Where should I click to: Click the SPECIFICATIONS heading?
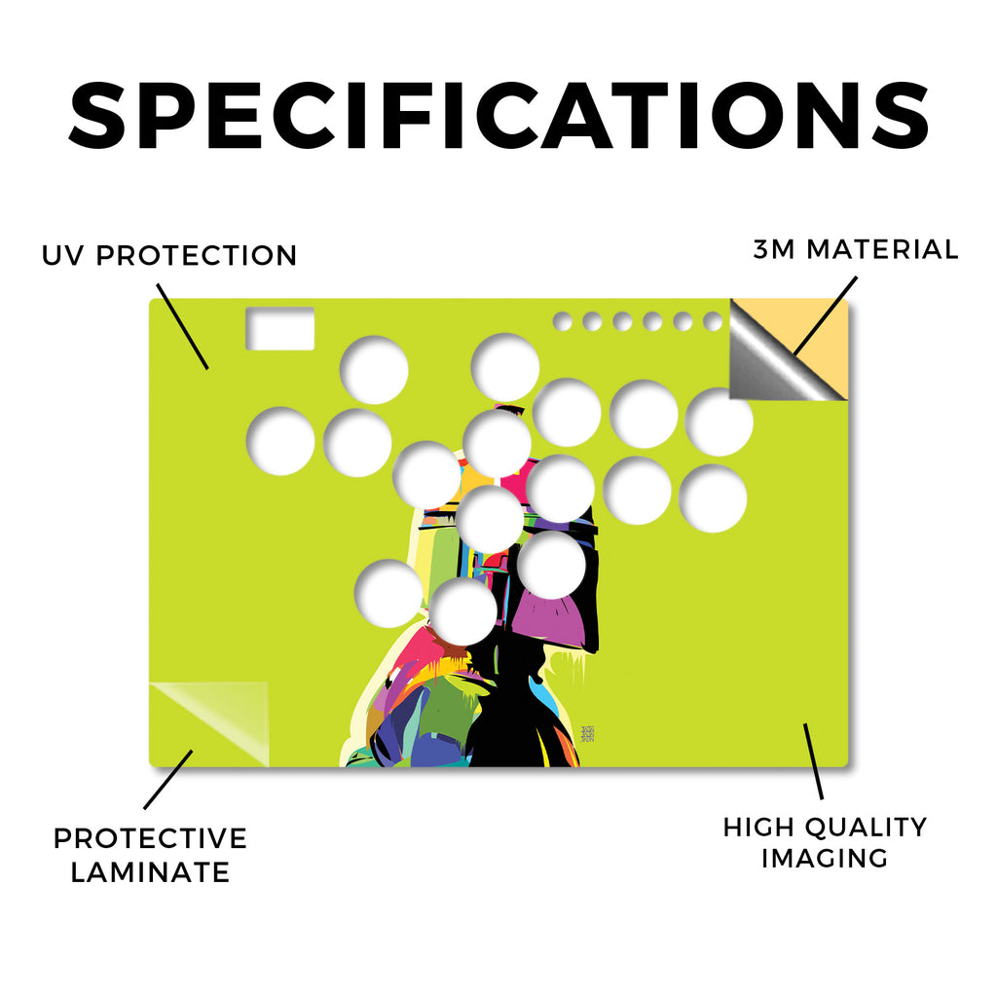(x=499, y=116)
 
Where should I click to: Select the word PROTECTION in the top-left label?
(x=197, y=256)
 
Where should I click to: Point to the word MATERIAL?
(x=882, y=249)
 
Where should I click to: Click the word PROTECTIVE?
(x=150, y=838)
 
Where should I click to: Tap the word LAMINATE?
(x=150, y=872)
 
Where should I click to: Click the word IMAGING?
(x=825, y=859)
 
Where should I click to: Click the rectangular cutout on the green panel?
(x=279, y=329)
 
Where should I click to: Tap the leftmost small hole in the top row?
(x=562, y=321)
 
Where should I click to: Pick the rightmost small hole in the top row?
(x=713, y=321)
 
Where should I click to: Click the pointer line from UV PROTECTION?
(x=182, y=327)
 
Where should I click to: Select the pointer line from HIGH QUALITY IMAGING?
(x=813, y=761)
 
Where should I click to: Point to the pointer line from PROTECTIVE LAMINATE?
(x=167, y=780)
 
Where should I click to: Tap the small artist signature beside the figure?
(x=588, y=734)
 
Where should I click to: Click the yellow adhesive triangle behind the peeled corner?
(x=824, y=344)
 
